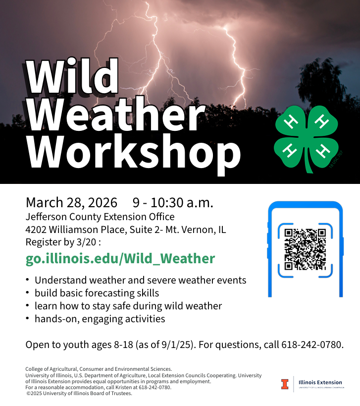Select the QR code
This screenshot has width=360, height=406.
305,249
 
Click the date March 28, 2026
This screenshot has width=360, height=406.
71,203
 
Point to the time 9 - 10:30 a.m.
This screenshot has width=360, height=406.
173,203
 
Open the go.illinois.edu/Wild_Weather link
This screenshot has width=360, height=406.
120,258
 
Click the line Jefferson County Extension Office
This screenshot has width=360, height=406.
100,217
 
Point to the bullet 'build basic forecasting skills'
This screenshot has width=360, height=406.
97,293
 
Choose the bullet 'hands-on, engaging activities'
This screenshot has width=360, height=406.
100,319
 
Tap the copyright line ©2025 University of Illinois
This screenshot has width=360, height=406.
79,394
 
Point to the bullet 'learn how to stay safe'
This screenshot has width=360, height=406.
128,306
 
